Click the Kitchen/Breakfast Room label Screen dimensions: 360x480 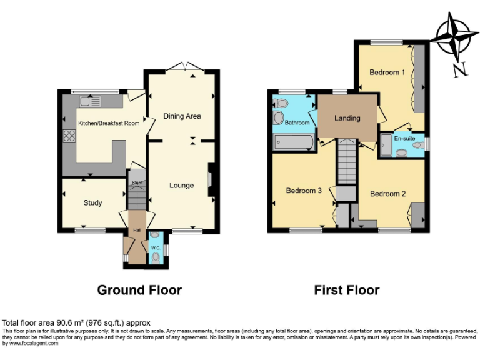click(x=108, y=123)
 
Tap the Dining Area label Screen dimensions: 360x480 click(x=182, y=116)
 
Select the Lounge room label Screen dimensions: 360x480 click(x=181, y=186)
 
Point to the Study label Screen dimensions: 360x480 click(x=93, y=203)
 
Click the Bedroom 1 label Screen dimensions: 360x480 click(x=387, y=72)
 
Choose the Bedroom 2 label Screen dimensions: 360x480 click(x=387, y=194)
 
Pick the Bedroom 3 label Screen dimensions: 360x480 click(x=304, y=191)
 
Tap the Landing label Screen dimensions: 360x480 click(x=347, y=118)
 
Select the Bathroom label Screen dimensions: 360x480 click(x=297, y=123)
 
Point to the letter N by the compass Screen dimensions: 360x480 click(x=461, y=69)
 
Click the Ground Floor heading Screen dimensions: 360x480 click(x=139, y=290)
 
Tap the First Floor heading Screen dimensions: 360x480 click(x=347, y=290)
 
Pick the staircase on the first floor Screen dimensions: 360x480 click(x=346, y=161)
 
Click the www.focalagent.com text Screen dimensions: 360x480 click(x=30, y=343)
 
